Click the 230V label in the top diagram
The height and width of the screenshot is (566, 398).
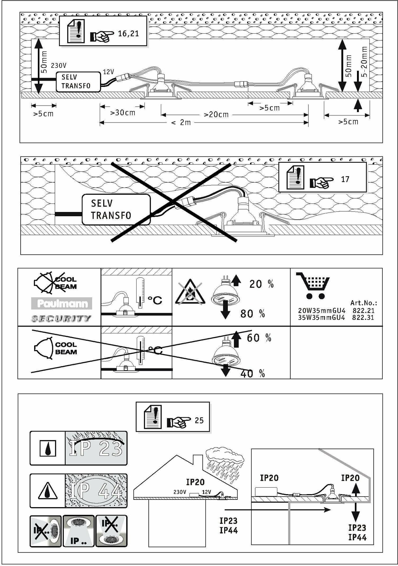click(x=59, y=66)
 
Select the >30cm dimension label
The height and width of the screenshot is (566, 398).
click(x=123, y=113)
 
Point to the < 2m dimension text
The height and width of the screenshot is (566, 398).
click(x=181, y=123)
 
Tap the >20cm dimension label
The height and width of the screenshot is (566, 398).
click(x=216, y=115)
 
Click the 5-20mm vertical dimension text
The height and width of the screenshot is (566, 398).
click(x=364, y=62)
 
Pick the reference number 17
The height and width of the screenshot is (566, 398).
click(x=345, y=179)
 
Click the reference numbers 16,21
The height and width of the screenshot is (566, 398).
click(x=128, y=34)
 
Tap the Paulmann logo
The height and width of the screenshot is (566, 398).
click(x=61, y=304)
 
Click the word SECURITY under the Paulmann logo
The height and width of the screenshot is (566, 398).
click(x=61, y=319)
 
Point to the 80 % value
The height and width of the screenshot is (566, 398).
click(x=252, y=314)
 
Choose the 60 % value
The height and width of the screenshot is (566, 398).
click(x=259, y=338)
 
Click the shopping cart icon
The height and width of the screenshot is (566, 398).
click(x=313, y=286)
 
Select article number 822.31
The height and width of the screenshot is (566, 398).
click(x=363, y=318)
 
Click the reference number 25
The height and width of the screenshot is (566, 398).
click(x=199, y=421)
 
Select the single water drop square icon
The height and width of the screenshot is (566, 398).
click(x=47, y=449)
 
